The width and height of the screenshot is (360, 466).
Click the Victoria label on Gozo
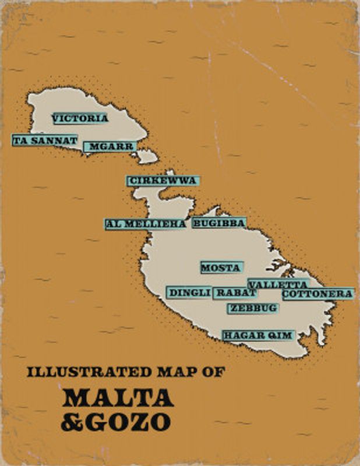(x=80, y=118)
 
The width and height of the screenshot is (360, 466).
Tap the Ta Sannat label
(x=45, y=140)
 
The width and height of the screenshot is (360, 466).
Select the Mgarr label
(x=110, y=147)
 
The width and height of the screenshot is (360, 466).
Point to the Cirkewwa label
(x=163, y=181)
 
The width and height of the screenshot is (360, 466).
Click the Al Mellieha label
(x=146, y=224)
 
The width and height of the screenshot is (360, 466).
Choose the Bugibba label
(x=219, y=223)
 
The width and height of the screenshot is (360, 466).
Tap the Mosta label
(x=221, y=268)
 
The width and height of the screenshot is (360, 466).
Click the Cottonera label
(x=317, y=294)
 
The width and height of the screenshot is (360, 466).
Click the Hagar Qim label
(x=257, y=335)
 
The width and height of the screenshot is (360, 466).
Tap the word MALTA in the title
(x=118, y=397)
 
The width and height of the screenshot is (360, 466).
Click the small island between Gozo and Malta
(x=148, y=156)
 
